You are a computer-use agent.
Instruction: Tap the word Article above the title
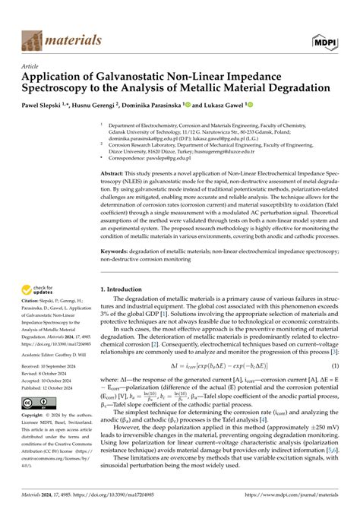31,66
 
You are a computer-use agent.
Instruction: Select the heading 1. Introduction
126,289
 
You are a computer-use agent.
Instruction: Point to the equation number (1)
334,366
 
